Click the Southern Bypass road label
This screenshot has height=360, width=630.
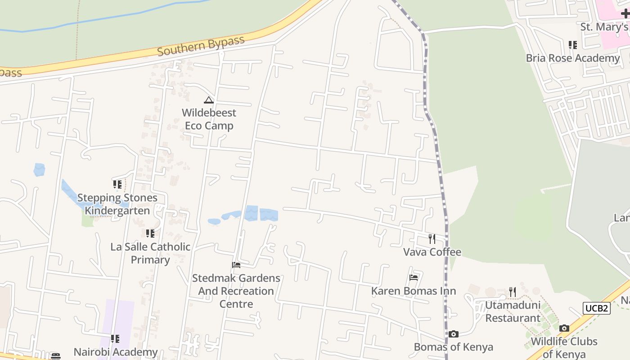(x=201, y=46)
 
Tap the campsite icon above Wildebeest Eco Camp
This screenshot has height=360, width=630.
(x=208, y=100)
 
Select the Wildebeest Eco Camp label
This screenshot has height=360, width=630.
(x=209, y=119)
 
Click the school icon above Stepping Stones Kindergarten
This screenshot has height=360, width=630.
(x=117, y=184)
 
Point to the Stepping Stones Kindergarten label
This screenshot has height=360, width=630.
(x=117, y=204)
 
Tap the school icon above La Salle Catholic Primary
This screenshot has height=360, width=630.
(x=150, y=234)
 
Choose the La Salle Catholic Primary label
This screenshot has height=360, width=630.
(x=150, y=253)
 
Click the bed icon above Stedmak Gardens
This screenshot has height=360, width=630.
(x=236, y=265)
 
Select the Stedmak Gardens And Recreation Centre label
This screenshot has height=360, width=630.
(x=236, y=291)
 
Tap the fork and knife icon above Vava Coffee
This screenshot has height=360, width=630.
(x=432, y=238)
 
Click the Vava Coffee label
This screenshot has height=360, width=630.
(x=432, y=252)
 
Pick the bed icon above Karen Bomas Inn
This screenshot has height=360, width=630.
(x=414, y=278)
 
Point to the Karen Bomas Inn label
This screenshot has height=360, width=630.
(x=414, y=291)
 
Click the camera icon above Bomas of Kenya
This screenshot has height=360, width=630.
(x=453, y=334)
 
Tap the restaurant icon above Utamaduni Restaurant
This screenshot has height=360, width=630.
(x=513, y=292)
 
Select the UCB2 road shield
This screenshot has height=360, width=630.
(x=597, y=308)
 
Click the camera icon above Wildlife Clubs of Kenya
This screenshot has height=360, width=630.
(x=564, y=328)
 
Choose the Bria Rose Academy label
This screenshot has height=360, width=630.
(x=572, y=58)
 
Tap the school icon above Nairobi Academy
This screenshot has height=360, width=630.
(x=115, y=339)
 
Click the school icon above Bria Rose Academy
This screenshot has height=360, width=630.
(x=572, y=45)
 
